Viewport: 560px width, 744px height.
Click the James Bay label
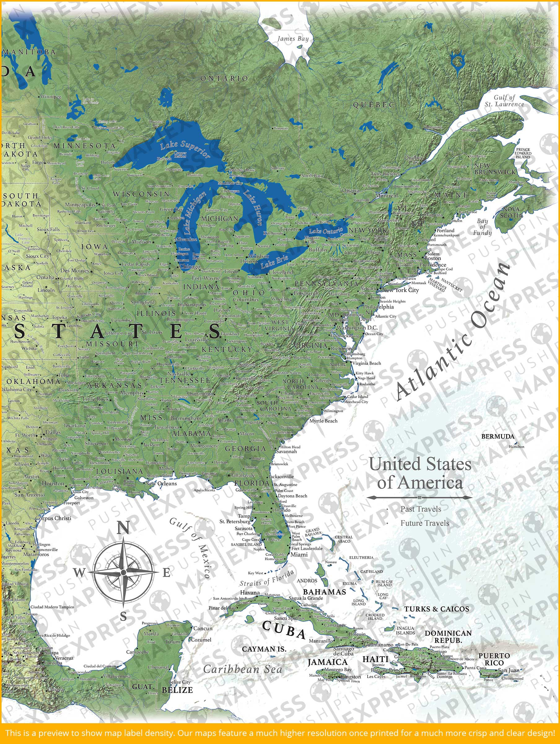[293, 39]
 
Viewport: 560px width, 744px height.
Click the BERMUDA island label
[497, 436]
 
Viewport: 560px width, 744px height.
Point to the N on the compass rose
[123, 529]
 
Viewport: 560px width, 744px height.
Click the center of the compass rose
[123, 572]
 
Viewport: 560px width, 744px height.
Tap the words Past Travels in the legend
[421, 509]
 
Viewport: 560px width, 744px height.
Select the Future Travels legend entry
[425, 523]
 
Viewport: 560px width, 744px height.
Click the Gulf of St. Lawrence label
[504, 100]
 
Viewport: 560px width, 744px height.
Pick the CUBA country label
[284, 629]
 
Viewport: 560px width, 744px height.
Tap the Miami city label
[299, 554]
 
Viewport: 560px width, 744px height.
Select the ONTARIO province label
[224, 78]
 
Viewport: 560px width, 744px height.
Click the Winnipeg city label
[51, 96]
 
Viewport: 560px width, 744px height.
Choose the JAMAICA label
[327, 662]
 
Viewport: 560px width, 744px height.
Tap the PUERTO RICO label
[494, 659]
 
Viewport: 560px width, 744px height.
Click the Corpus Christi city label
[54, 518]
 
